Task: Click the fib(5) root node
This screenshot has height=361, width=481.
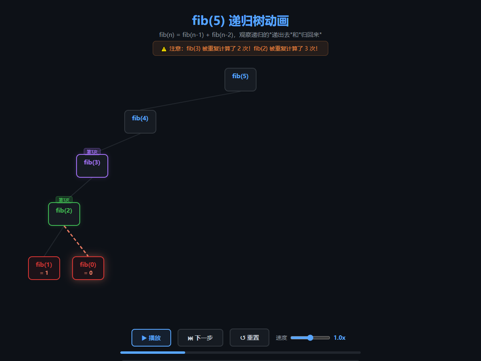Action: click(240, 79)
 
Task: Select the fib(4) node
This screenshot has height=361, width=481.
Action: click(140, 122)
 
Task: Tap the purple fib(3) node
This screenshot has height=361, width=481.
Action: click(92, 166)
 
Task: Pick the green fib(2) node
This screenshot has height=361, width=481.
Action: click(64, 214)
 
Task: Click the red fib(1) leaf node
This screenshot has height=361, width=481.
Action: click(44, 268)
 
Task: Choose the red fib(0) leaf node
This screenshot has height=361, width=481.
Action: click(88, 268)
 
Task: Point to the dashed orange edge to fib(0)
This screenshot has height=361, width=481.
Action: click(76, 241)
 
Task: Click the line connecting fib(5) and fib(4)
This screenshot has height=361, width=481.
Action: click(190, 101)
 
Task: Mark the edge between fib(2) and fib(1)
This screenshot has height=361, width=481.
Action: click(54, 241)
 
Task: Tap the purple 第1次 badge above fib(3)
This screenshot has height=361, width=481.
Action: click(92, 152)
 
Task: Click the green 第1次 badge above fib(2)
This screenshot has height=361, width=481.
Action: click(64, 200)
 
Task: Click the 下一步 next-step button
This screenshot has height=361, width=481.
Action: click(200, 338)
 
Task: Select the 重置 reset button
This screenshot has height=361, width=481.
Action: click(249, 338)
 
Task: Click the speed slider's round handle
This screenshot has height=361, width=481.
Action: click(310, 338)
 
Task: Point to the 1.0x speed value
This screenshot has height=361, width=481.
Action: click(340, 338)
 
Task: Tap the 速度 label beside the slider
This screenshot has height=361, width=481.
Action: click(281, 338)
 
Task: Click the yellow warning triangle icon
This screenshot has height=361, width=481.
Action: click(164, 49)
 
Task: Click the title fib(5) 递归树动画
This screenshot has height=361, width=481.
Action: click(240, 21)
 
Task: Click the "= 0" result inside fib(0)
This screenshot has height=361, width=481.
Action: click(88, 273)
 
